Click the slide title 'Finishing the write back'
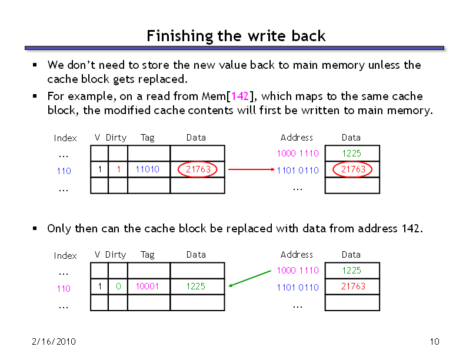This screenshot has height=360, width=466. click(x=236, y=36)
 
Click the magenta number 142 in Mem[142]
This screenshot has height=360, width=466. click(x=239, y=96)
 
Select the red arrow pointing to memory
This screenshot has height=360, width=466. click(x=251, y=169)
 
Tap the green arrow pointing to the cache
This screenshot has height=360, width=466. click(x=249, y=279)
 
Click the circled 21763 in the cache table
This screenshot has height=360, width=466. click(x=197, y=169)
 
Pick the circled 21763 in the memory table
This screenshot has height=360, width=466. click(x=352, y=169)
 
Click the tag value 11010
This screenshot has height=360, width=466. click(x=148, y=169)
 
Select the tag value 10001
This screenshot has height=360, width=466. click(x=147, y=286)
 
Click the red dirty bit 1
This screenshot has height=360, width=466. click(x=119, y=169)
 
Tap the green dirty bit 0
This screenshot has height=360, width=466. click(x=118, y=286)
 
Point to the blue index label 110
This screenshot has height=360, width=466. click(x=64, y=171)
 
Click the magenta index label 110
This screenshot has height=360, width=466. click(x=64, y=289)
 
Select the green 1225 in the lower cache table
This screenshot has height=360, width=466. click(x=195, y=286)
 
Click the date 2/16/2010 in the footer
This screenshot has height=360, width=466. click(x=54, y=342)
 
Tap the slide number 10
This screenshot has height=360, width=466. click(x=434, y=342)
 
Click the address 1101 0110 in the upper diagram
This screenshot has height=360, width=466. click(x=298, y=171)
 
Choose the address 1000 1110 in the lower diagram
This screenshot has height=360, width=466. click(x=298, y=271)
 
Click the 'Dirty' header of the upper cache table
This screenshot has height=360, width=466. click(x=116, y=138)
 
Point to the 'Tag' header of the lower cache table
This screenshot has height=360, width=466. click(x=148, y=255)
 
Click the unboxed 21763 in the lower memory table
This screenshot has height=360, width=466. click(x=353, y=286)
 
